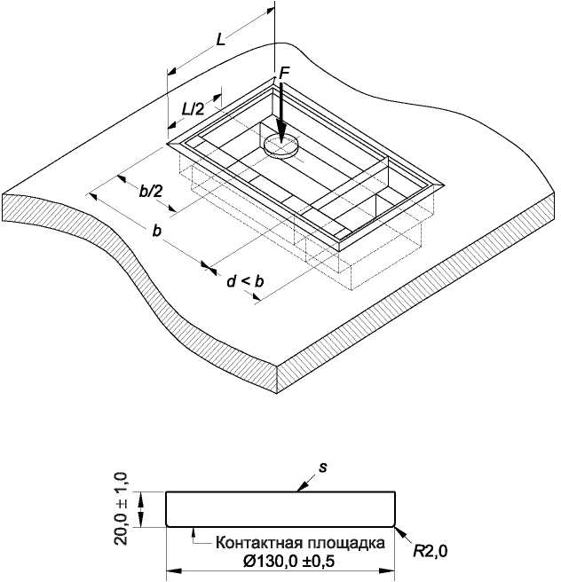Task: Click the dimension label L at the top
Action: (x=221, y=39)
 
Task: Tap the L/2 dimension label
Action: (x=193, y=109)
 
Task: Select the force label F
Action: (x=284, y=74)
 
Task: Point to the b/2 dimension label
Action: (x=151, y=191)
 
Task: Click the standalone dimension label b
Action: (x=157, y=231)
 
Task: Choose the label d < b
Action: (x=245, y=281)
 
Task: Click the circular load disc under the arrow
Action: (x=281, y=145)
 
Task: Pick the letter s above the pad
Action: (x=323, y=468)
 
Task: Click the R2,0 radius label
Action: (x=431, y=552)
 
